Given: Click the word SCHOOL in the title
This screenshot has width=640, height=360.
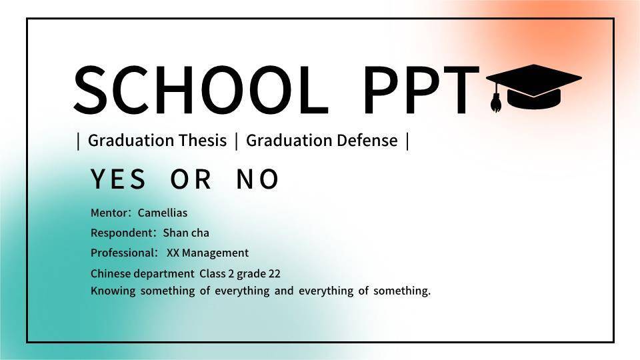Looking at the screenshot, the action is [x=201, y=90].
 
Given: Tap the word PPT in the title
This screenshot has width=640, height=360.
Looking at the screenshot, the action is [x=421, y=90].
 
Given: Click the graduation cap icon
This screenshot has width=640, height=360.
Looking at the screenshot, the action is [x=533, y=87].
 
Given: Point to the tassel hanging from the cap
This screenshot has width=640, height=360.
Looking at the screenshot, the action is [x=496, y=99].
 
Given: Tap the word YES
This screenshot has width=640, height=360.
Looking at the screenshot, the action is [x=118, y=179].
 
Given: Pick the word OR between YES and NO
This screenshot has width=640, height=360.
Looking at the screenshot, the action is [x=191, y=179].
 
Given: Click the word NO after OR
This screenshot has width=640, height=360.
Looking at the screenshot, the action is [x=257, y=179].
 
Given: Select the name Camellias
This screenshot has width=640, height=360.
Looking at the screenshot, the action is [x=163, y=213].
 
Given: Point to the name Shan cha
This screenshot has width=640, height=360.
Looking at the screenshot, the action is [x=186, y=233].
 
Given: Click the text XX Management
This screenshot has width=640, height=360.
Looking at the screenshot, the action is [x=207, y=253].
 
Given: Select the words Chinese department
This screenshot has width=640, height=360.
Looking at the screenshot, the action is [x=143, y=273].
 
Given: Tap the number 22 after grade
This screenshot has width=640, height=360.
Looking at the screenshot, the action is [x=274, y=273].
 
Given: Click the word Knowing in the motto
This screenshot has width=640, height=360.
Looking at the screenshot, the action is [x=113, y=291].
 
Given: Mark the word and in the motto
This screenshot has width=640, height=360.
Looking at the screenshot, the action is [x=284, y=291].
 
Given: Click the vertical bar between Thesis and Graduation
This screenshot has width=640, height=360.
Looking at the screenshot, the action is [x=236, y=141].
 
